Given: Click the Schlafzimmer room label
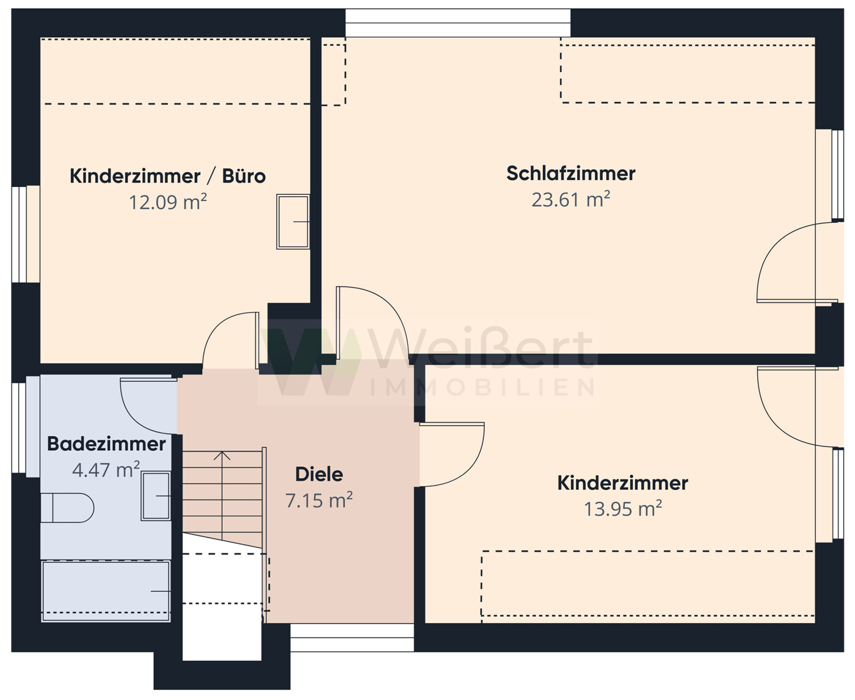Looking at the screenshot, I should pyautogui.click(x=570, y=173).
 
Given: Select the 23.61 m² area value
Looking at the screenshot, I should pyautogui.click(x=570, y=200).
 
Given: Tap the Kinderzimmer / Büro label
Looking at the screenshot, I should pyautogui.click(x=167, y=176).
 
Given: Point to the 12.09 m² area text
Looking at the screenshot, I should pyautogui.click(x=167, y=202).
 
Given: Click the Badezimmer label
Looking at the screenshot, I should pyautogui.click(x=106, y=444).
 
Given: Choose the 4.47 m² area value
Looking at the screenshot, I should pyautogui.click(x=106, y=470).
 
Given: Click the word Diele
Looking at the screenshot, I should pyautogui.click(x=319, y=474).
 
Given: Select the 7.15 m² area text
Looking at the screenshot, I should pyautogui.click(x=319, y=501).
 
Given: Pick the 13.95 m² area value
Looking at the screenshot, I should pyautogui.click(x=622, y=509).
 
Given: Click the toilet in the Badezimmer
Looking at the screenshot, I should pyautogui.click(x=67, y=508).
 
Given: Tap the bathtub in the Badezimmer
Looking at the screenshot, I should pyautogui.click(x=106, y=591).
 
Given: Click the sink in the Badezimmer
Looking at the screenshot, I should pyautogui.click(x=156, y=496).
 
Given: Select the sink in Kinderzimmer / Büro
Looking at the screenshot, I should pyautogui.click(x=293, y=221).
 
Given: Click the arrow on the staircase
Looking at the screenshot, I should pyautogui.click(x=222, y=456).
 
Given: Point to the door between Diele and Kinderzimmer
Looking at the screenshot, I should pyautogui.click(x=452, y=455).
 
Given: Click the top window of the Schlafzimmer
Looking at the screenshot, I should pyautogui.click(x=457, y=23).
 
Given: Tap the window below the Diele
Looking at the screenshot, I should pyautogui.click(x=352, y=638).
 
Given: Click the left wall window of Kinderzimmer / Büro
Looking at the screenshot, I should pyautogui.click(x=26, y=235).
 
